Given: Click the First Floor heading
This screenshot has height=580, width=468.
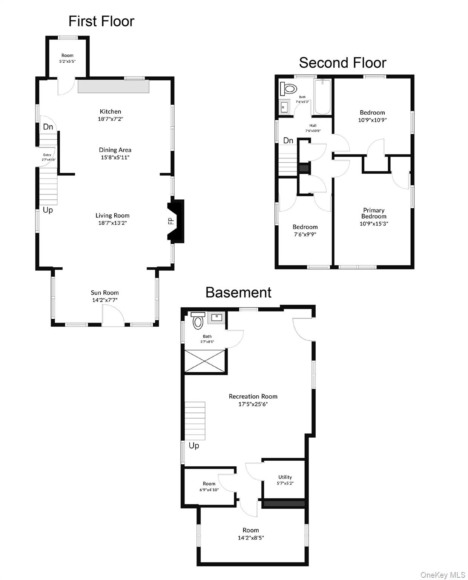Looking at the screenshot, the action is point(101,21).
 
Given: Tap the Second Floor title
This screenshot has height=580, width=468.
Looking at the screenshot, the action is point(342,63).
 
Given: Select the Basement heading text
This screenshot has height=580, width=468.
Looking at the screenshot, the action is point(238,292).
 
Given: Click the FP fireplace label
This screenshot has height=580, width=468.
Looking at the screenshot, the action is point(171,221).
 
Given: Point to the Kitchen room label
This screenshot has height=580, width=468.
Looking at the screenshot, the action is point(110,111).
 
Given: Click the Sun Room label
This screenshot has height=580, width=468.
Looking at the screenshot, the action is point(105,292).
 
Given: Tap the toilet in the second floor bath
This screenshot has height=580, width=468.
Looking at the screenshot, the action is point(288,89).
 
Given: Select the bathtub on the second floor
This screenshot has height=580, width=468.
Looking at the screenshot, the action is point(322,97).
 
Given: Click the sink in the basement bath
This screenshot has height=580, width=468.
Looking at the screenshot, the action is point(216,318).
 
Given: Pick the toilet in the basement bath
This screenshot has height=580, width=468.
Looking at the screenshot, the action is point(198,321).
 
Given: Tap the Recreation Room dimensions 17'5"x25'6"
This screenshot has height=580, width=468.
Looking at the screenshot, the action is point(253,404).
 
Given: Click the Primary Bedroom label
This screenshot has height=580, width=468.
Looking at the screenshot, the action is point(374,213).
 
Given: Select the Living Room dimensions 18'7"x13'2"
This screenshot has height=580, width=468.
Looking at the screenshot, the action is point(112,223).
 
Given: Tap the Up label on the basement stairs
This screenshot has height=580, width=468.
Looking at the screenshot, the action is point(194,446).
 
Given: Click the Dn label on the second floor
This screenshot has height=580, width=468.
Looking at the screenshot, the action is point(288,140).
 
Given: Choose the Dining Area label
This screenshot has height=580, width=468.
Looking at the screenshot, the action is point(115,150).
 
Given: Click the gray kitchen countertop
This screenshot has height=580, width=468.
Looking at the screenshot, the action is point(114,86).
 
